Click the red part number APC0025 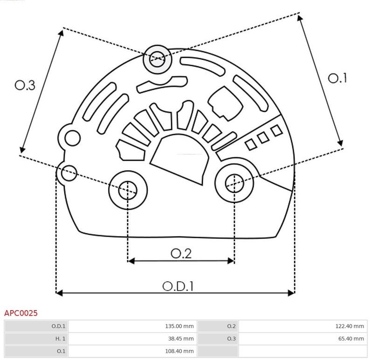click(x=21, y=313)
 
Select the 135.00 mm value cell click(x=180, y=326)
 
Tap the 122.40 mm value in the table click(x=349, y=326)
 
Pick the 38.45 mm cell click(x=181, y=339)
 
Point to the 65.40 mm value click(x=351, y=339)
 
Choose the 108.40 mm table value click(x=180, y=351)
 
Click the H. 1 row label click(x=60, y=339)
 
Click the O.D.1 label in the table click(x=58, y=326)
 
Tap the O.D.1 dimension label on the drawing click(x=178, y=286)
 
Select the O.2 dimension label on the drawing click(x=181, y=254)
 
